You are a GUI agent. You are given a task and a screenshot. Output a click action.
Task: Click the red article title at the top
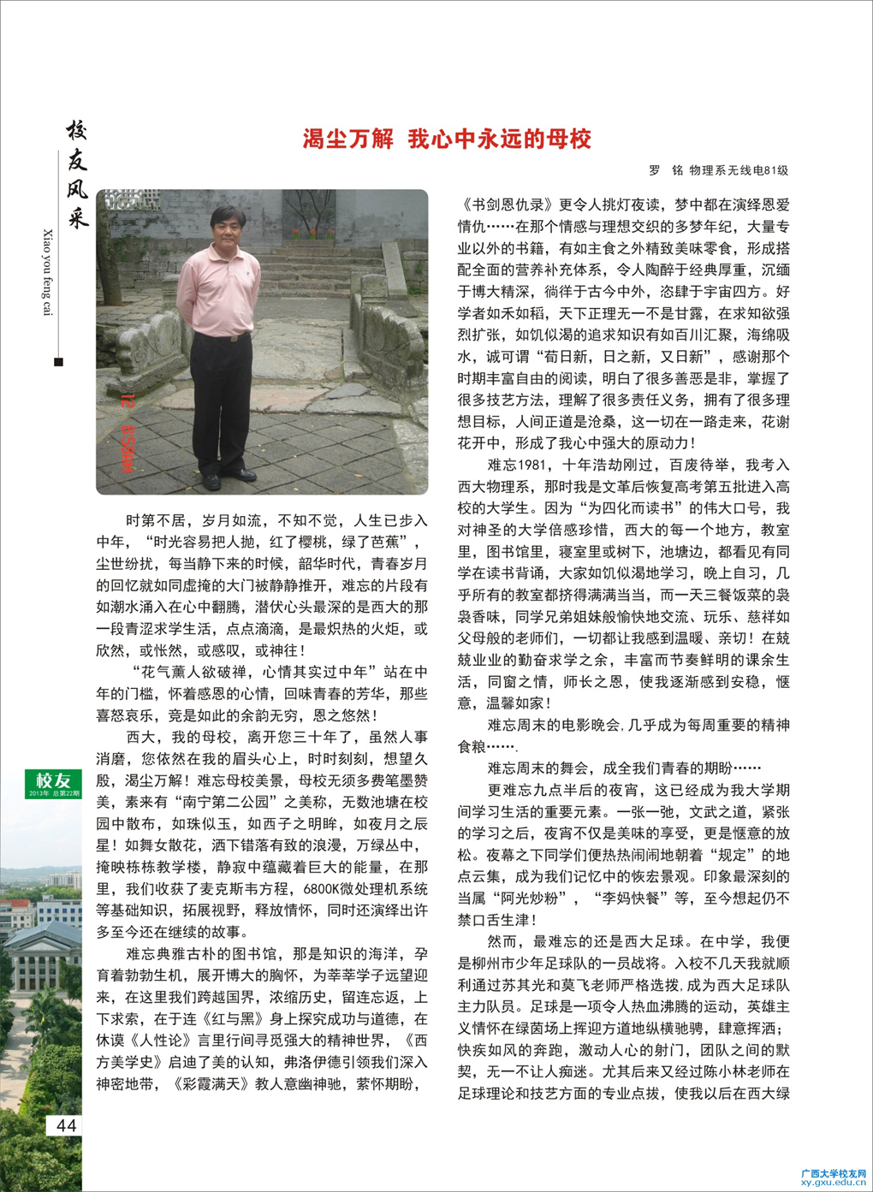pyautogui.click(x=447, y=139)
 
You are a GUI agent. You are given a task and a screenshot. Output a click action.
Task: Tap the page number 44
pyautogui.click(x=66, y=1125)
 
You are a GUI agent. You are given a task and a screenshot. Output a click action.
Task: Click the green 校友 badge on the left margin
pyautogui.click(x=53, y=782)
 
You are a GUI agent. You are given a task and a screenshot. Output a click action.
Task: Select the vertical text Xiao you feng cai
pyautogui.click(x=47, y=272)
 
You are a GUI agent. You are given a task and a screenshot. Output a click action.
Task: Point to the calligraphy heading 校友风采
pyautogui.click(x=77, y=175)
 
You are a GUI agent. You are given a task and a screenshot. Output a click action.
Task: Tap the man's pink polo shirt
pyautogui.click(x=218, y=291)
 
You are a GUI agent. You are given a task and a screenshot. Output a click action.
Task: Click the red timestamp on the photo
pyautogui.click(x=128, y=433)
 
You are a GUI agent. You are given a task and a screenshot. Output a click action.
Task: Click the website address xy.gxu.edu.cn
pyautogui.click(x=833, y=1183)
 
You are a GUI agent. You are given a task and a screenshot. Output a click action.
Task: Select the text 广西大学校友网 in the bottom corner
pyautogui.click(x=833, y=1172)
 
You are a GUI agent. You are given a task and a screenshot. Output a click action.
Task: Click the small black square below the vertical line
pyautogui.click(x=58, y=362)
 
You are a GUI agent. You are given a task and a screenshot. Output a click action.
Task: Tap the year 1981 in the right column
pyautogui.click(x=532, y=466)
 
